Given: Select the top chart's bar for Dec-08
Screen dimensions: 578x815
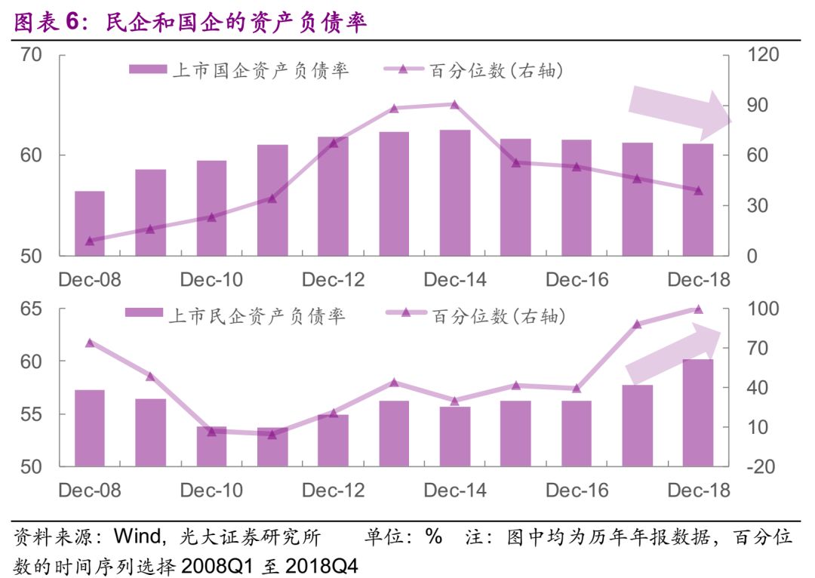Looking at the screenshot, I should pos(90,223).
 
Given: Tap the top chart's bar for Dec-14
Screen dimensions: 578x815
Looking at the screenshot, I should pos(455,192).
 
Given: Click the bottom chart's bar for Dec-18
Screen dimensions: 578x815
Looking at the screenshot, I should pos(698,413).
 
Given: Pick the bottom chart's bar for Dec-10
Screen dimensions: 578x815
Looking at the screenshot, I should pos(211,447).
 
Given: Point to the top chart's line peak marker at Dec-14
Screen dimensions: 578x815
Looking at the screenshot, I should pos(455,104).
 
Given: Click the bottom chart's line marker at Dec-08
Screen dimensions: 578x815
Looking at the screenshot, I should pos(90,343).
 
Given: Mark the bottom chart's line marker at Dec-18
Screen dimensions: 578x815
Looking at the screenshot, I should pos(698,309).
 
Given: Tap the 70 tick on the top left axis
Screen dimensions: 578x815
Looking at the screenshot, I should pos(31,55).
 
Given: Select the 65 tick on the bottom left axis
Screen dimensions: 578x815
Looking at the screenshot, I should pos(31,309).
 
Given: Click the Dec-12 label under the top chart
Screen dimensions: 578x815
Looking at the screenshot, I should pos(333,280).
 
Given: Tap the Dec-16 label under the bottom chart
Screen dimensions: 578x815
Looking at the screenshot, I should pos(577,490).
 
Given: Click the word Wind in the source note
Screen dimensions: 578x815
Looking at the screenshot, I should pos(136,537).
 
